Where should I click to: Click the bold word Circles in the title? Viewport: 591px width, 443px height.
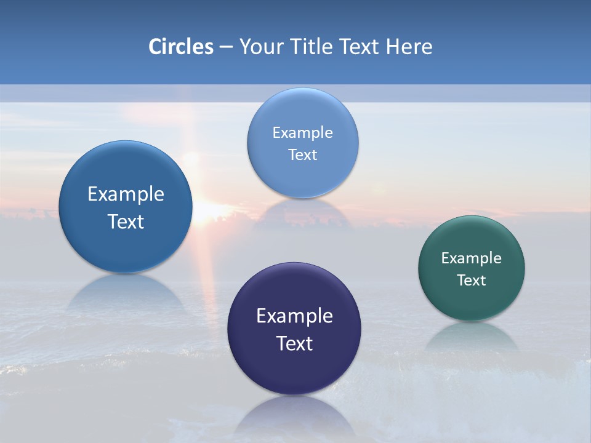pos(180,47)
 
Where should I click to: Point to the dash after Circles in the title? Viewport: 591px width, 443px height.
pos(226,47)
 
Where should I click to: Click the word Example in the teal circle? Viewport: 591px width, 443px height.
pos(472,258)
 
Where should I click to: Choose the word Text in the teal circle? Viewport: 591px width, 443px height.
pos(472,281)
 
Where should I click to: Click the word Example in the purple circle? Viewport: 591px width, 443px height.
pos(294,316)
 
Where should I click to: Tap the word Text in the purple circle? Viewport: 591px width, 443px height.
pos(294,343)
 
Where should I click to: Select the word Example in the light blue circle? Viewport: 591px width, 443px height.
pos(302,133)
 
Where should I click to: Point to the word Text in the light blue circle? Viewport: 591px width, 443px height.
pos(302,155)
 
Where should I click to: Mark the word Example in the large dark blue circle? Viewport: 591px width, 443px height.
pos(126,194)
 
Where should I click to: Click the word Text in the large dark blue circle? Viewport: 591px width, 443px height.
pos(126,221)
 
